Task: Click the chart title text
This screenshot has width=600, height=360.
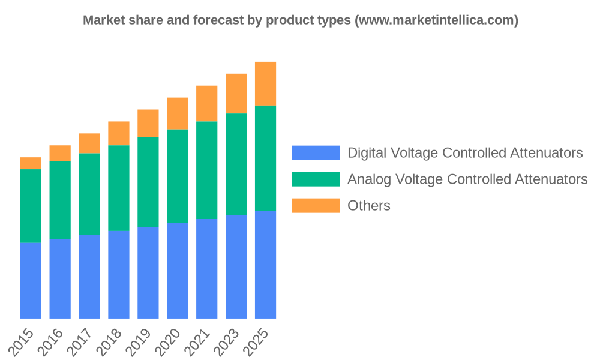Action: (x=301, y=20)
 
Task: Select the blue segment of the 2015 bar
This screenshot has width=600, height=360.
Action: (x=31, y=280)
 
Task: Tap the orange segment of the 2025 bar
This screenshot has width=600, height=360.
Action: (x=265, y=83)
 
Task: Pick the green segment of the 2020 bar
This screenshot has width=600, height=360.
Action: (x=178, y=176)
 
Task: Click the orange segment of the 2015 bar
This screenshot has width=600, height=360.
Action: (x=31, y=163)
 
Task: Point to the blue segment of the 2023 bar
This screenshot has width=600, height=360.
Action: (x=236, y=266)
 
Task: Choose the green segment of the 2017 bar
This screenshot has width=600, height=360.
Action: (x=89, y=194)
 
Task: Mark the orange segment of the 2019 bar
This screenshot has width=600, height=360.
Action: (x=148, y=124)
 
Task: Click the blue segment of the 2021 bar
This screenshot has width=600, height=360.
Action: (x=207, y=269)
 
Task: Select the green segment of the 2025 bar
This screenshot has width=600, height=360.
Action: (x=265, y=158)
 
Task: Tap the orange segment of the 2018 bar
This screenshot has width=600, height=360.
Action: (x=119, y=133)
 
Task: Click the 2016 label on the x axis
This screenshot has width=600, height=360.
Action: (x=52, y=342)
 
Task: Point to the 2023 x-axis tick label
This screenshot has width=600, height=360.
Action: (x=228, y=342)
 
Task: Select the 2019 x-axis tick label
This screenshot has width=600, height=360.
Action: (x=140, y=342)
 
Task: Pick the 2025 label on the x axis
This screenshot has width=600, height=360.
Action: (x=257, y=342)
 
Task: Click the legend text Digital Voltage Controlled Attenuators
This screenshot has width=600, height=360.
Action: (x=465, y=152)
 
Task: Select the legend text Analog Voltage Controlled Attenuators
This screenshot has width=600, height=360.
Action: (x=467, y=179)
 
